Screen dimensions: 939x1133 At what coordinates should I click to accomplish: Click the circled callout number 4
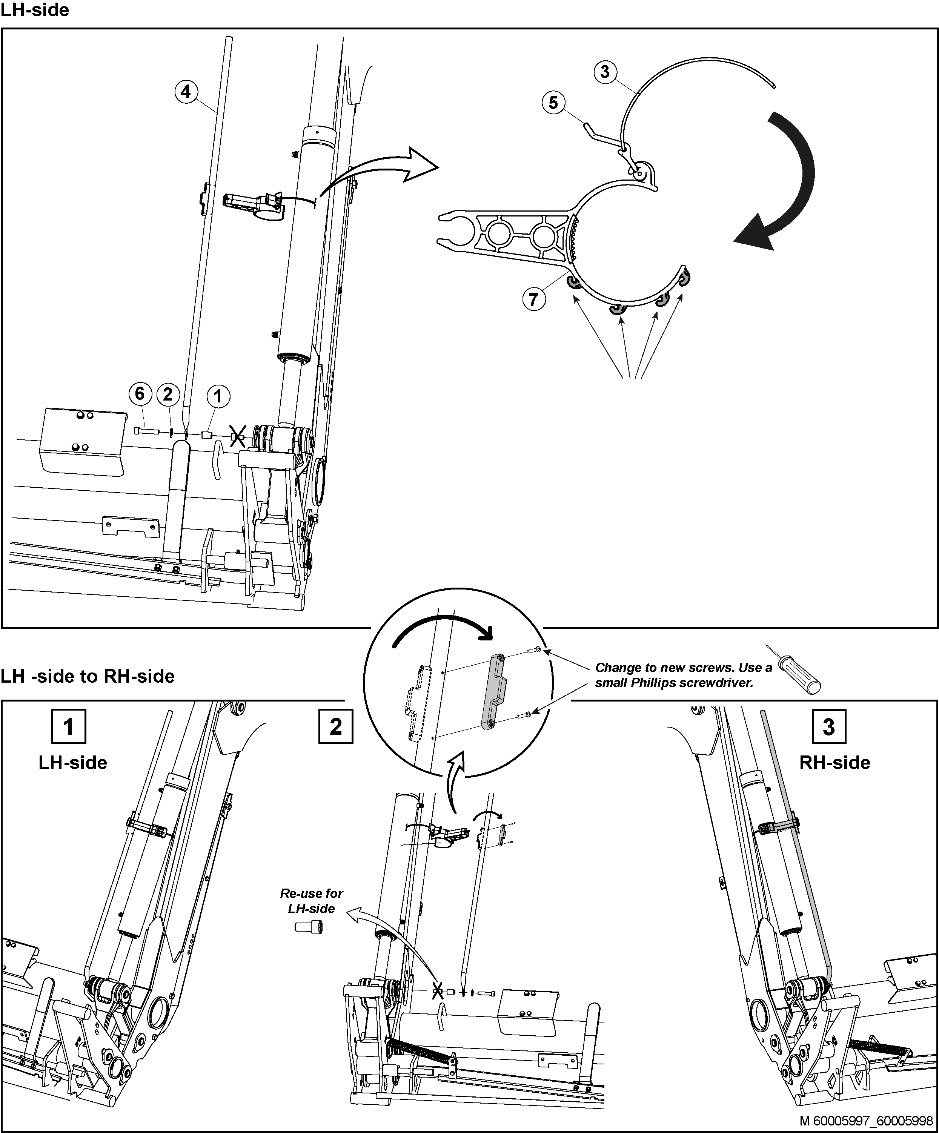[186, 92]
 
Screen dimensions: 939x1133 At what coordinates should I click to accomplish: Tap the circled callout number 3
[605, 72]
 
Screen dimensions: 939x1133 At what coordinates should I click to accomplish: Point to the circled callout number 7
[534, 299]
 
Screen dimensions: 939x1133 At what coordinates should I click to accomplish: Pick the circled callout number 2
[168, 395]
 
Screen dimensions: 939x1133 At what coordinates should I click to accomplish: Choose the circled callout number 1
[218, 396]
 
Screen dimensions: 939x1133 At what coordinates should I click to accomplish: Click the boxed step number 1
[69, 727]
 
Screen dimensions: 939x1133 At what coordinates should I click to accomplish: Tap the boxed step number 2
[336, 727]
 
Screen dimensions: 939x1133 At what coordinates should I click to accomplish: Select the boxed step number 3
[829, 727]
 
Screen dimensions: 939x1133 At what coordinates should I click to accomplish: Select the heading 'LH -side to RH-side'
[88, 676]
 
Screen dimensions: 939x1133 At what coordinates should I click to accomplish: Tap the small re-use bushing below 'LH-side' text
[309, 927]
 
